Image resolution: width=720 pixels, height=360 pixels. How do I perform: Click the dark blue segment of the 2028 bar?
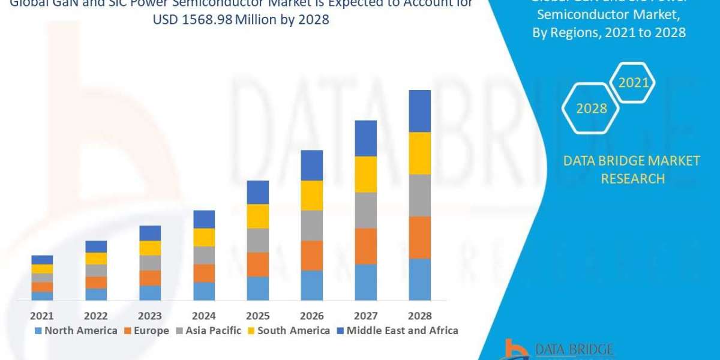(420, 111)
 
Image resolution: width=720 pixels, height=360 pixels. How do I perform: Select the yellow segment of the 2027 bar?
(366, 174)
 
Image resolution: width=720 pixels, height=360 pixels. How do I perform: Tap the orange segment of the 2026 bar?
(312, 255)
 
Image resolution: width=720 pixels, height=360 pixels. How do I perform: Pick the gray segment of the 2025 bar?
(258, 240)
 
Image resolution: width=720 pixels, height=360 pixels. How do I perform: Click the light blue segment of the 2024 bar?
(204, 291)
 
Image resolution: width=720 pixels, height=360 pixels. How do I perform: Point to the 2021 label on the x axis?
(42, 316)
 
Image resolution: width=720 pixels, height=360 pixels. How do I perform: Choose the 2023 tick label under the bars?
(150, 316)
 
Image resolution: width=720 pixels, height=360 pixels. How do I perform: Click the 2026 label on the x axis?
(312, 316)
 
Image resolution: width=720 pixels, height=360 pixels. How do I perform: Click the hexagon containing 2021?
(634, 83)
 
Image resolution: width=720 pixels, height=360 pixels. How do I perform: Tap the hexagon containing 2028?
(591, 109)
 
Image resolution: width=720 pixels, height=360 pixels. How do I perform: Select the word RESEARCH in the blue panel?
(632, 178)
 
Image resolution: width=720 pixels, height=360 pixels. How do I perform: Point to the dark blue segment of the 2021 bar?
(42, 259)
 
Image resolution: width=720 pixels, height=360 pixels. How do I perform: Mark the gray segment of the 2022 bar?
(96, 270)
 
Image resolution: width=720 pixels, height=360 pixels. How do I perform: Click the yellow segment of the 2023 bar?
(150, 248)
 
